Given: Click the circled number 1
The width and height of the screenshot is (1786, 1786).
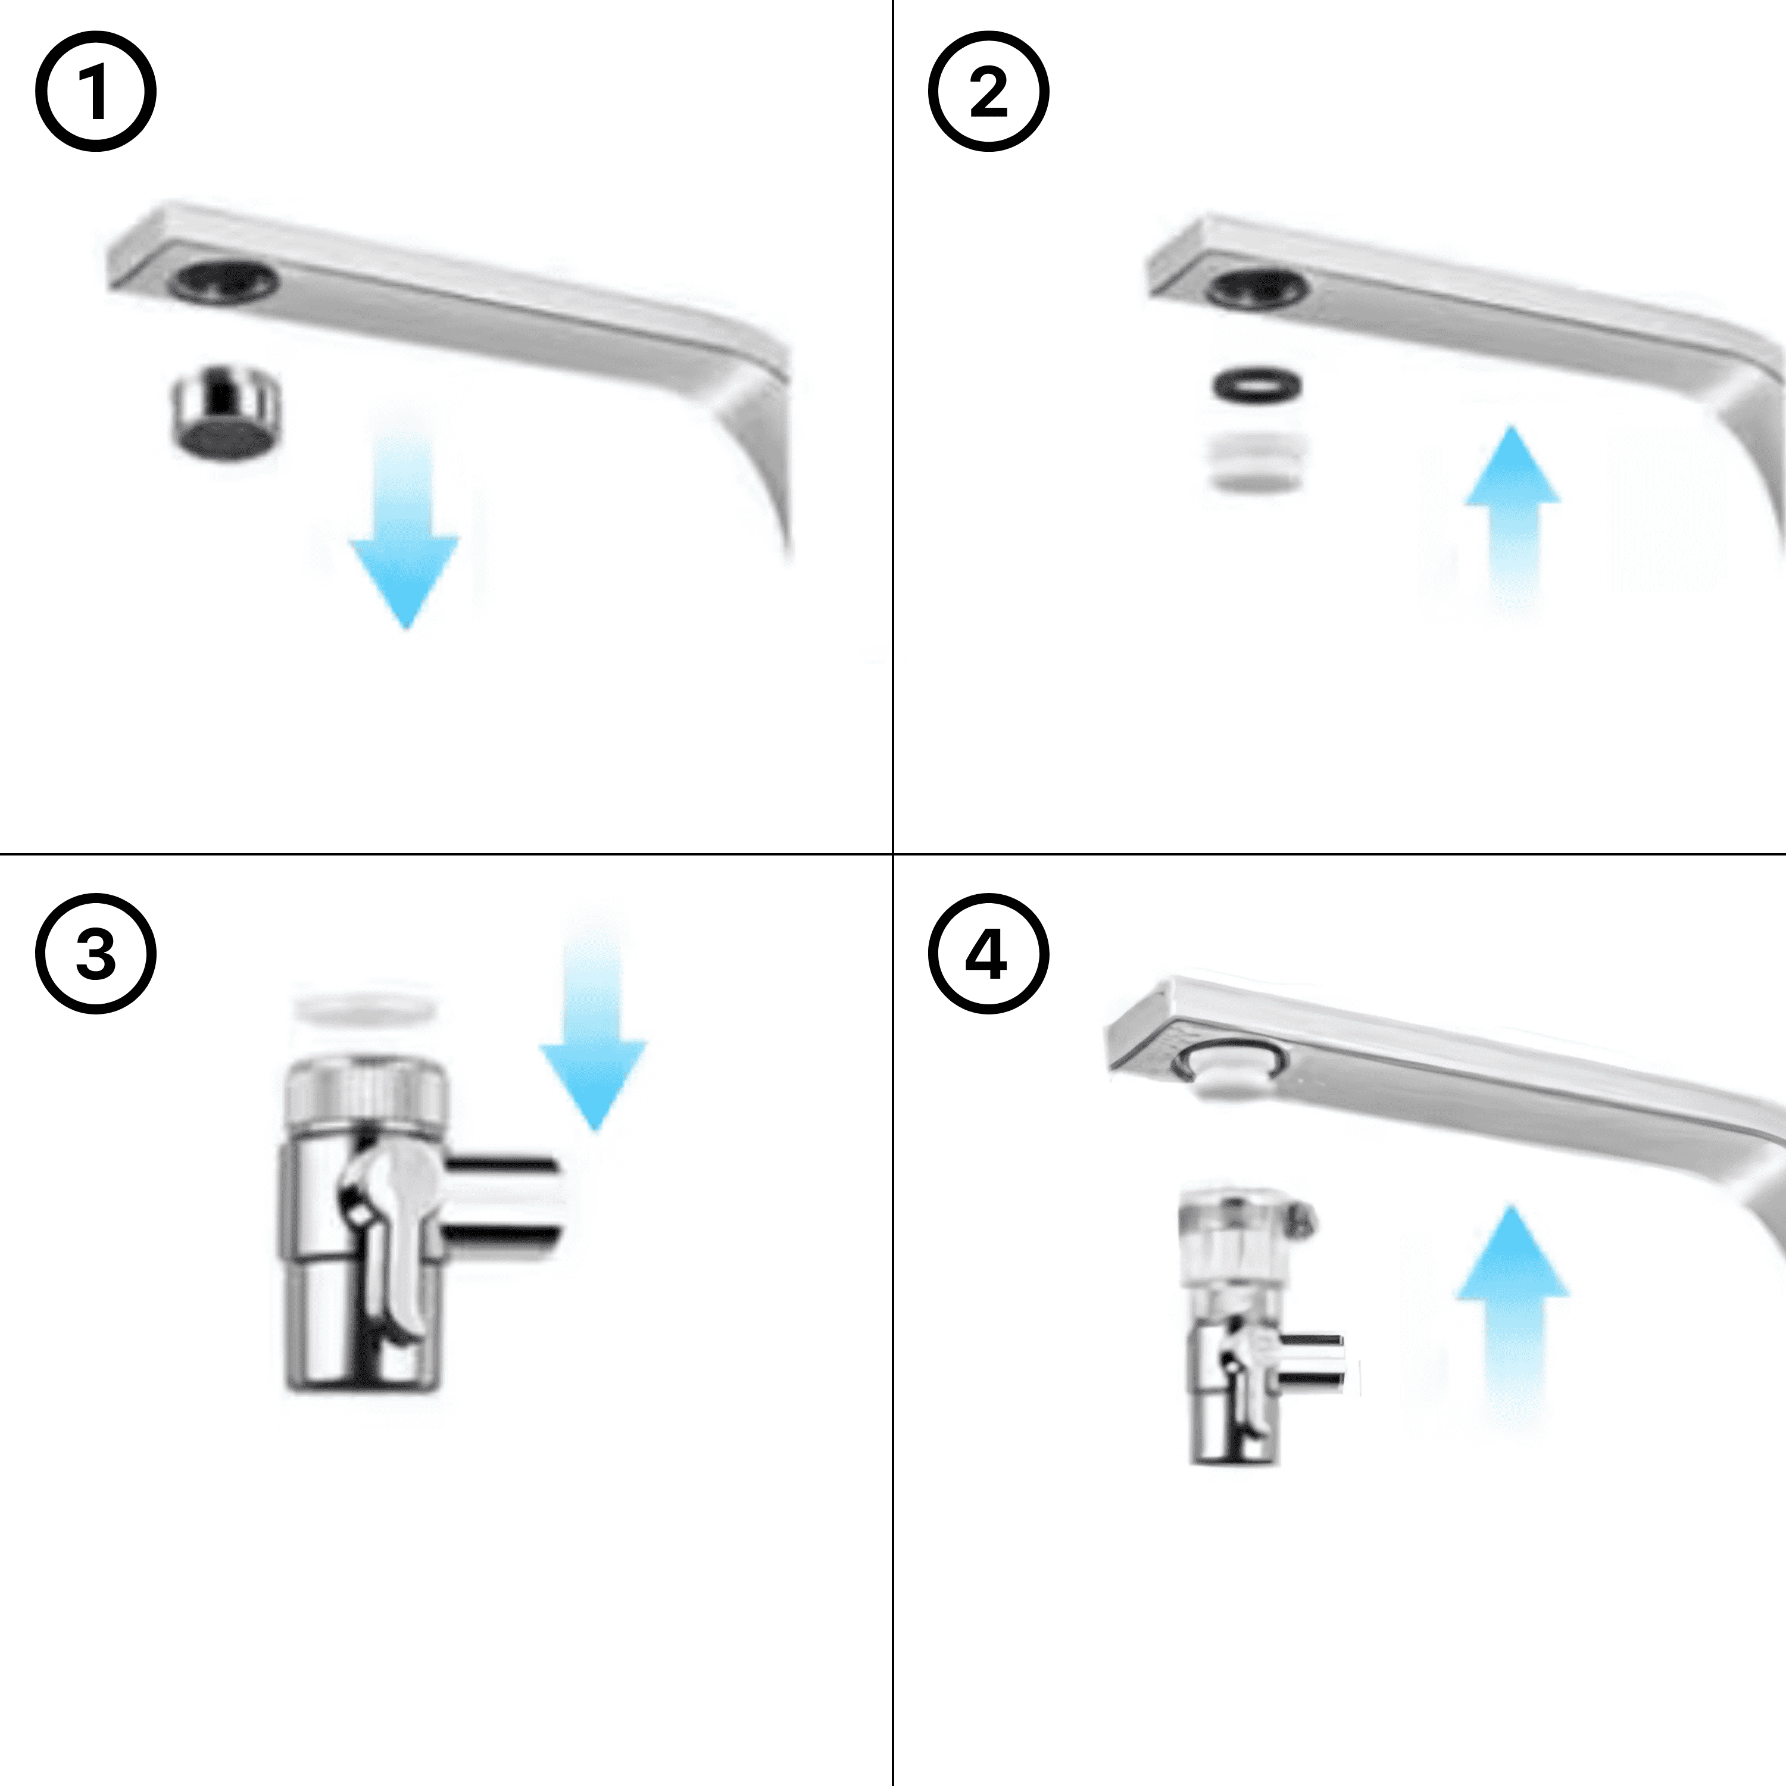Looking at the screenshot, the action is pos(95,92).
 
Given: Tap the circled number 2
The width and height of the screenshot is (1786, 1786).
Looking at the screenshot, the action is pos(988,92).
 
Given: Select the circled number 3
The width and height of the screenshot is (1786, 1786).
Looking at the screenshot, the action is pos(95,953).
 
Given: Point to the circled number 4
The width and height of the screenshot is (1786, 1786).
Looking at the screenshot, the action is pos(988,953).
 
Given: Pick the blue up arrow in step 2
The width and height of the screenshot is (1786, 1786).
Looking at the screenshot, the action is pos(1512,518).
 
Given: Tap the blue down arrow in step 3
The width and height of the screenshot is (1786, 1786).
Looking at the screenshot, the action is pos(592,1026).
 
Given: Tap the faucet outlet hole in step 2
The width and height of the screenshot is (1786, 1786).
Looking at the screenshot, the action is pos(1258,288).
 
